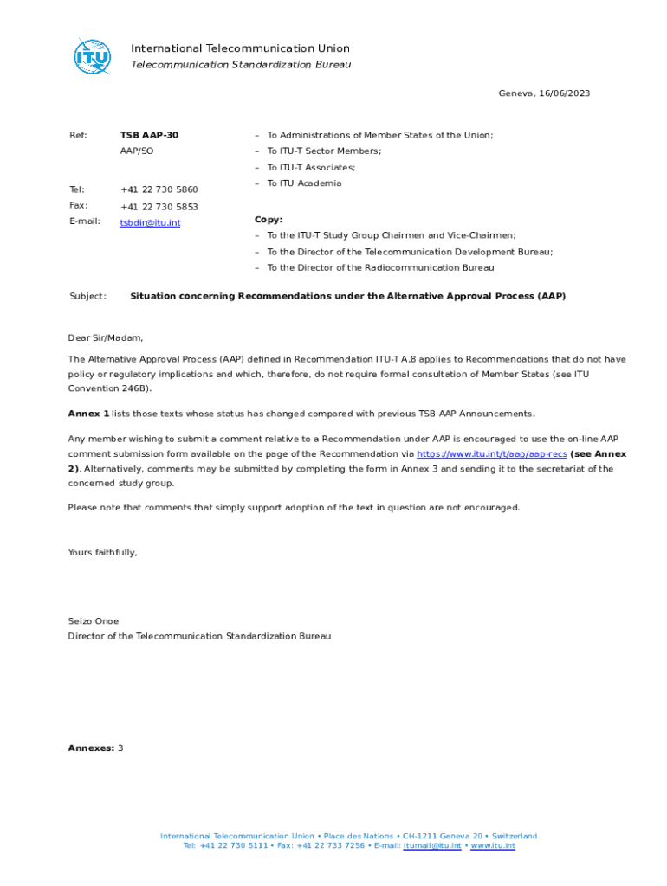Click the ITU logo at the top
coord(92,56)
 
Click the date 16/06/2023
coord(563,93)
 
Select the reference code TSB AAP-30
coord(149,135)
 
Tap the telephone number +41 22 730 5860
coord(159,189)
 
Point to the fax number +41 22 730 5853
coord(159,207)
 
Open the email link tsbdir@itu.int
coord(150,223)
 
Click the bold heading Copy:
coord(269,220)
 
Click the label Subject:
coord(87,296)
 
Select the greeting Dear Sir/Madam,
coord(106,338)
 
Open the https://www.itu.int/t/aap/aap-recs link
coord(492,454)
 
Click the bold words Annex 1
coord(88,414)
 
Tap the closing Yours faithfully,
coord(102,552)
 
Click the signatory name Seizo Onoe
coord(94,621)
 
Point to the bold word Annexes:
coord(91,748)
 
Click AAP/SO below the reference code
coord(137,151)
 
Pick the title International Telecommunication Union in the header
coord(240,48)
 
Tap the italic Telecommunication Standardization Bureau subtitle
coord(240,65)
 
